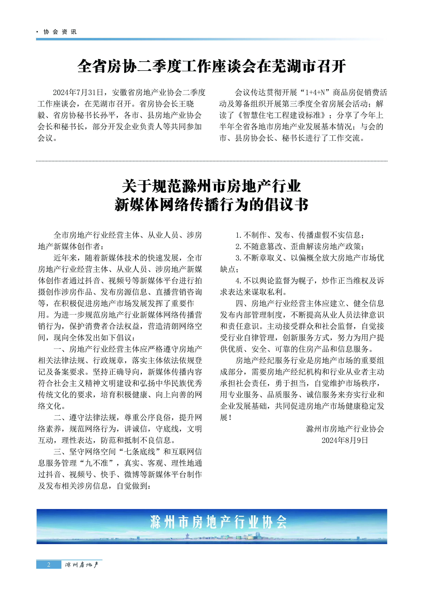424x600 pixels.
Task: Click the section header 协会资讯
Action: tap(60, 32)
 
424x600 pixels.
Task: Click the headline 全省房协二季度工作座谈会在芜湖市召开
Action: tap(212, 66)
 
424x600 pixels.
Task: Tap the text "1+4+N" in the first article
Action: tap(317, 93)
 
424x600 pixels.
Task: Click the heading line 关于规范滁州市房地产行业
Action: tap(212, 186)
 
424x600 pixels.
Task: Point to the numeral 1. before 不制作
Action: tap(238, 235)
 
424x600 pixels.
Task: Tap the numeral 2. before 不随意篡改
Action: tap(238, 247)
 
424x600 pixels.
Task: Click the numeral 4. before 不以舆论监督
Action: tap(238, 281)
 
